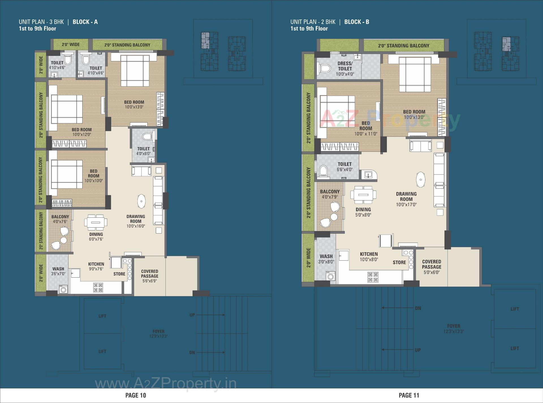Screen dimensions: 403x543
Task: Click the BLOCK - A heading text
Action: [x=85, y=22]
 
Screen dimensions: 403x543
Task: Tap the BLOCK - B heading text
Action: [x=357, y=22]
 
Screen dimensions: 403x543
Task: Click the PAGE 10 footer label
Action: [x=136, y=395]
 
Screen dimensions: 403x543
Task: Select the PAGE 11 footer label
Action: [x=409, y=395]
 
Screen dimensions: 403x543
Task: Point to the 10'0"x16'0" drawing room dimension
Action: [x=136, y=226]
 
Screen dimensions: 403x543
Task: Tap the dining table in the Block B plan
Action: [x=363, y=195]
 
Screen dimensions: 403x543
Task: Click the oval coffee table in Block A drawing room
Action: [x=141, y=201]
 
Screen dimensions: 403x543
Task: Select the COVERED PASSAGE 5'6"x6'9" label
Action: [x=150, y=276]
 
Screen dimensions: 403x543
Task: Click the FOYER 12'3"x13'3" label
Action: [x=454, y=328]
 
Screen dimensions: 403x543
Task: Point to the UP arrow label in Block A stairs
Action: [x=192, y=315]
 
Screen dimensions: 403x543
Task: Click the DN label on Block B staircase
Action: [x=418, y=308]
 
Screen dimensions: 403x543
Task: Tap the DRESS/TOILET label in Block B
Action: [x=345, y=66]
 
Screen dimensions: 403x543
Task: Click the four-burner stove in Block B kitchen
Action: [x=373, y=277]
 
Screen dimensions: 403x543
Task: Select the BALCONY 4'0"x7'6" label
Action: [x=60, y=219]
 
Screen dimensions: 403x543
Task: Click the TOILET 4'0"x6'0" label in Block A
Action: [x=143, y=151]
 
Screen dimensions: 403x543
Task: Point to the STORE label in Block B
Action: [x=399, y=262]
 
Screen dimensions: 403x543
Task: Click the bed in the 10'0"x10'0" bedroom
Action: [x=66, y=174]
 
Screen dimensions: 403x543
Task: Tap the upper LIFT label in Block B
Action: [x=515, y=309]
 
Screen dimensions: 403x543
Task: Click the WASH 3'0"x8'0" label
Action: [x=326, y=259]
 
